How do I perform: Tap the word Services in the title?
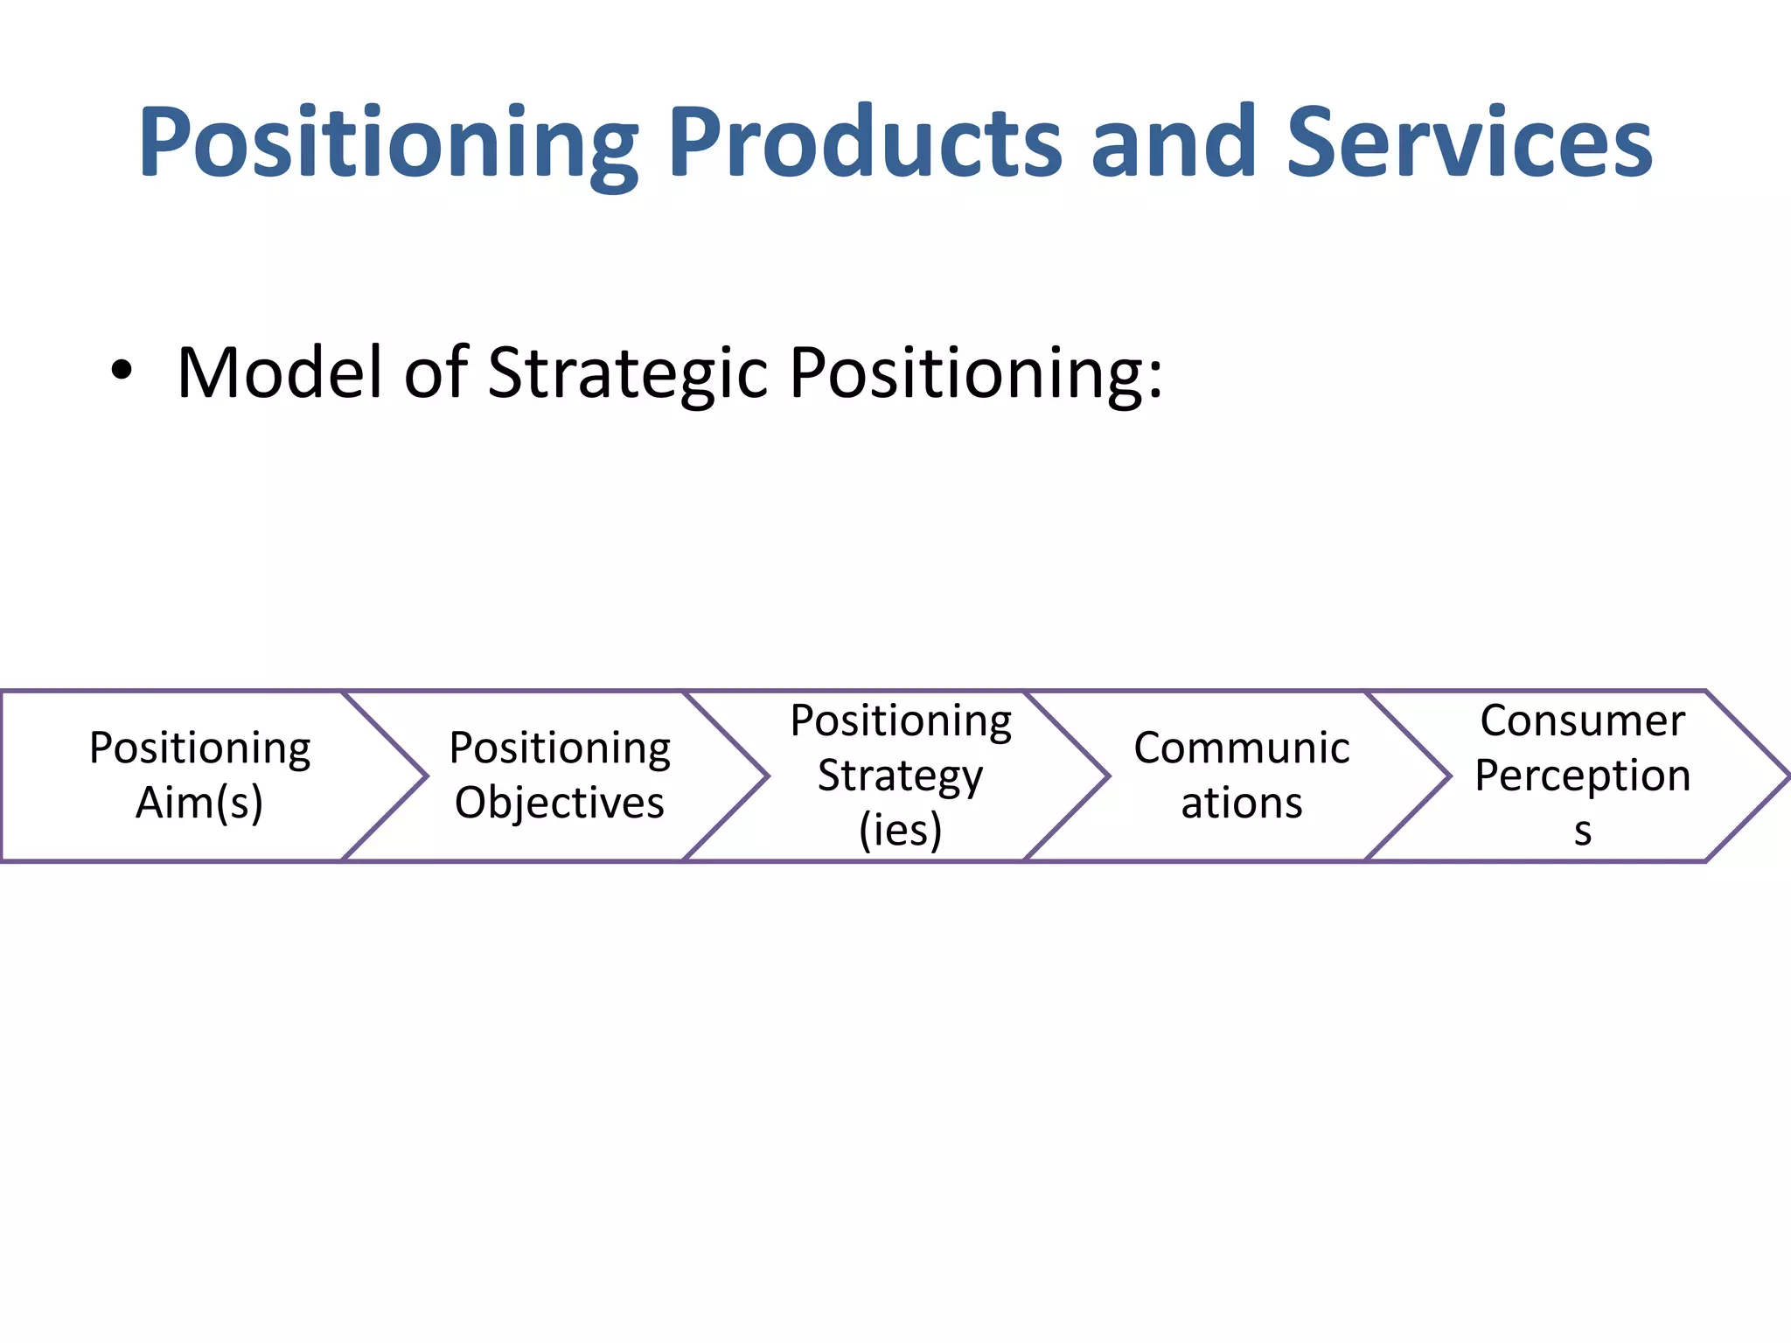[1469, 142]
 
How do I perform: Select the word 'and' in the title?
[1174, 142]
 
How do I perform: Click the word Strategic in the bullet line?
[626, 373]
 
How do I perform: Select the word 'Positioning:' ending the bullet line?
[976, 373]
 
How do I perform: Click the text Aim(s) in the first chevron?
[199, 803]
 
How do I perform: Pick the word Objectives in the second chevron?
[560, 803]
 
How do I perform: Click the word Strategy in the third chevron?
[901, 776]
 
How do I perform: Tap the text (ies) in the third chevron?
[901, 830]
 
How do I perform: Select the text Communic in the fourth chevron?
[1242, 748]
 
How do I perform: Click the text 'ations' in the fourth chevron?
[1242, 803]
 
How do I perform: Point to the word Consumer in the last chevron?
[1583, 721]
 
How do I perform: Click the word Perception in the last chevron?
[1583, 776]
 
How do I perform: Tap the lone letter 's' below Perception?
[1583, 832]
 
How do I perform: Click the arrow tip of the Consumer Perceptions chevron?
[1784, 776]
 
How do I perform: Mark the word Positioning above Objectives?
[560, 748]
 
